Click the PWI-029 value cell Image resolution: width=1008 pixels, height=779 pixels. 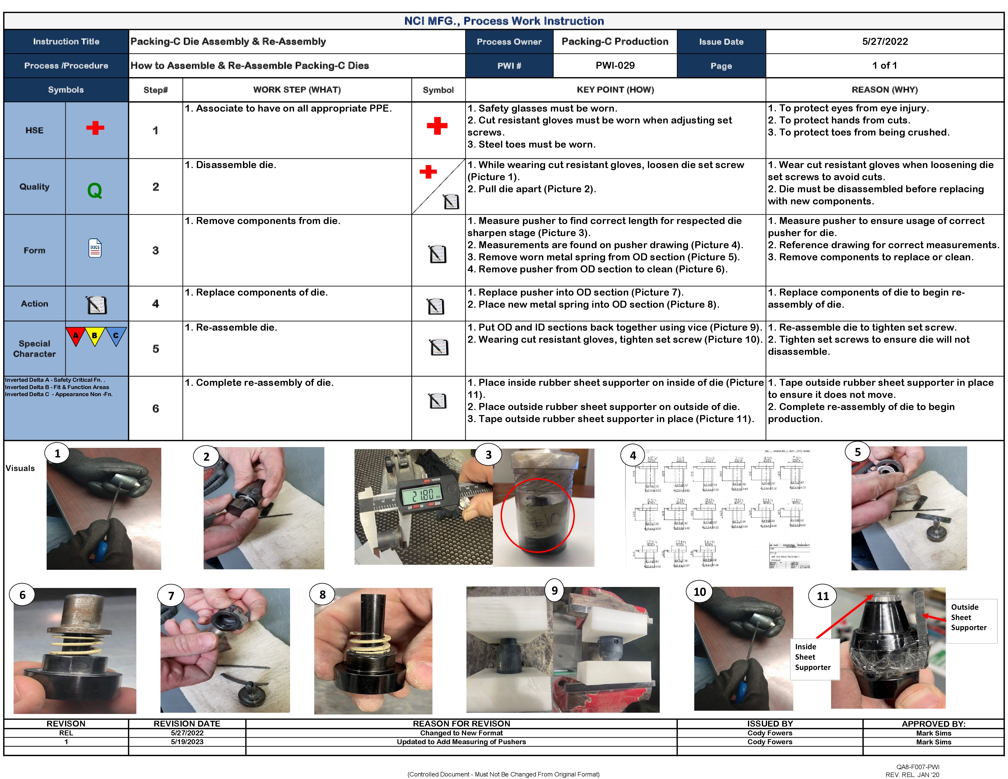click(615, 66)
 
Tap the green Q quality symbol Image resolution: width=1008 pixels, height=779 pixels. click(94, 190)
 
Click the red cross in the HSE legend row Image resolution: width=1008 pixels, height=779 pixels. click(95, 128)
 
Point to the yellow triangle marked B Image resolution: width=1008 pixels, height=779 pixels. click(94, 336)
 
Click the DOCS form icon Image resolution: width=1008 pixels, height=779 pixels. click(95, 248)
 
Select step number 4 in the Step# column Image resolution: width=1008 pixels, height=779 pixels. click(155, 304)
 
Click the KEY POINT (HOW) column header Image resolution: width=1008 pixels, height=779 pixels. click(615, 89)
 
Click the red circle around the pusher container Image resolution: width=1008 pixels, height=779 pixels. click(538, 515)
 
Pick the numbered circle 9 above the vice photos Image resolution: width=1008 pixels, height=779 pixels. click(554, 590)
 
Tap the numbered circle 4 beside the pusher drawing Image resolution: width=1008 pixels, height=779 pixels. click(633, 455)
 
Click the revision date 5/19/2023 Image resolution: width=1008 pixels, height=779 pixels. click(187, 742)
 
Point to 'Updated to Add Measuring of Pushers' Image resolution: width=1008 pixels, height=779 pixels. click(461, 742)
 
